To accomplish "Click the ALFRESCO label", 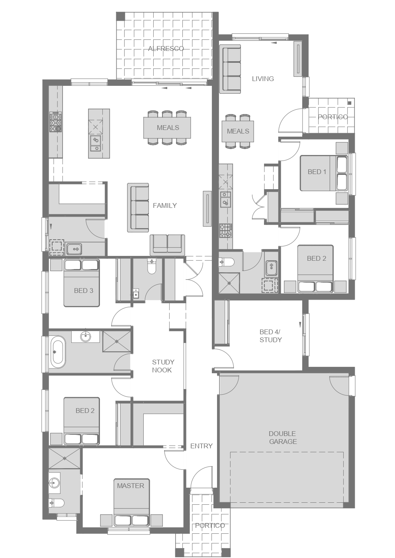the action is pyautogui.click(x=166, y=48).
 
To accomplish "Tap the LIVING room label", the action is pyautogui.click(x=263, y=79).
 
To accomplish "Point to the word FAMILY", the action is pyautogui.click(x=165, y=205).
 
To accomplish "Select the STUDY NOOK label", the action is pyautogui.click(x=163, y=366).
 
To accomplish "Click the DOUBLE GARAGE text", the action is pyautogui.click(x=283, y=438).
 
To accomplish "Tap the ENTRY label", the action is pyautogui.click(x=201, y=446).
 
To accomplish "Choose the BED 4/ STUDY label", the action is pyautogui.click(x=270, y=336).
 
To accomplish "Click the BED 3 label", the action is pyautogui.click(x=84, y=291).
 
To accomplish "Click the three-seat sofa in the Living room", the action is pyautogui.click(x=232, y=69).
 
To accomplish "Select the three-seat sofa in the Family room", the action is pyautogui.click(x=138, y=208).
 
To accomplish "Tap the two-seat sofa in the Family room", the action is pyautogui.click(x=167, y=245).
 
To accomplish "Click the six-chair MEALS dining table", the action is pyautogui.click(x=167, y=128).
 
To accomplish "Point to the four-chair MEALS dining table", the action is pyautogui.click(x=238, y=131).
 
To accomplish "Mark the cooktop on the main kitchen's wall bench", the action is pyautogui.click(x=56, y=122).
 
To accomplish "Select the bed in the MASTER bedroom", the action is pyautogui.click(x=131, y=502).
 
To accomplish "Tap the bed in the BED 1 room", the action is pyautogui.click(x=324, y=173).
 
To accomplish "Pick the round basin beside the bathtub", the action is pyautogui.click(x=86, y=337).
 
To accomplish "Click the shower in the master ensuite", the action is pyautogui.click(x=65, y=458).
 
